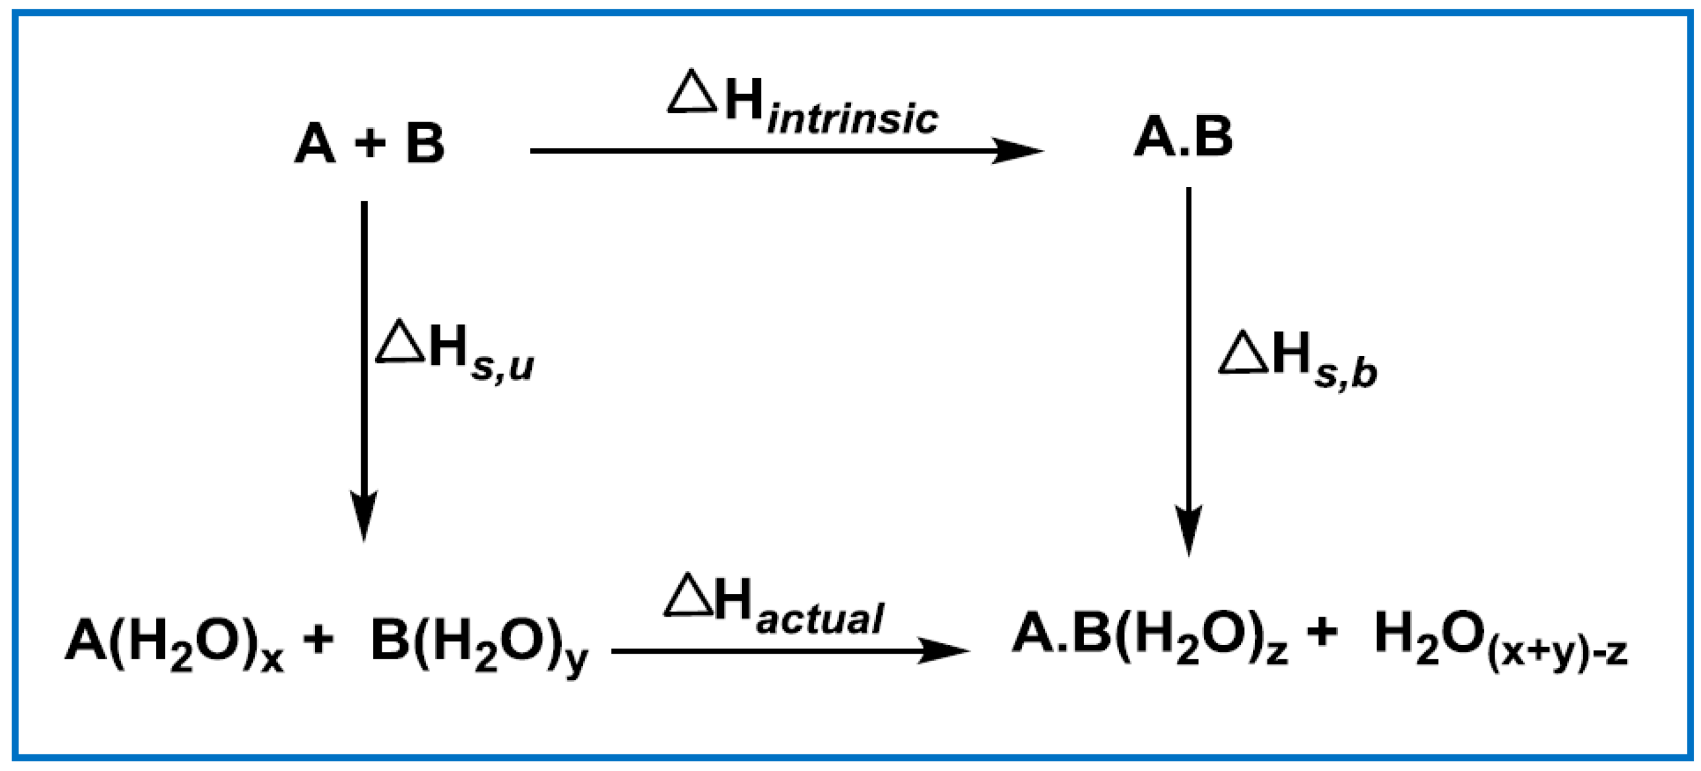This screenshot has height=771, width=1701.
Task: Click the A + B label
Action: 369,143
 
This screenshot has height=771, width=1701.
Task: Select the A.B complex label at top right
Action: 1183,136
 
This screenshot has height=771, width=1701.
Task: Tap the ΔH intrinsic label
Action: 802,104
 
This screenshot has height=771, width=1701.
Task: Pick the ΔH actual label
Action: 773,605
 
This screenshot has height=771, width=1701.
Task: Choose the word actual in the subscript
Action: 819,619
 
